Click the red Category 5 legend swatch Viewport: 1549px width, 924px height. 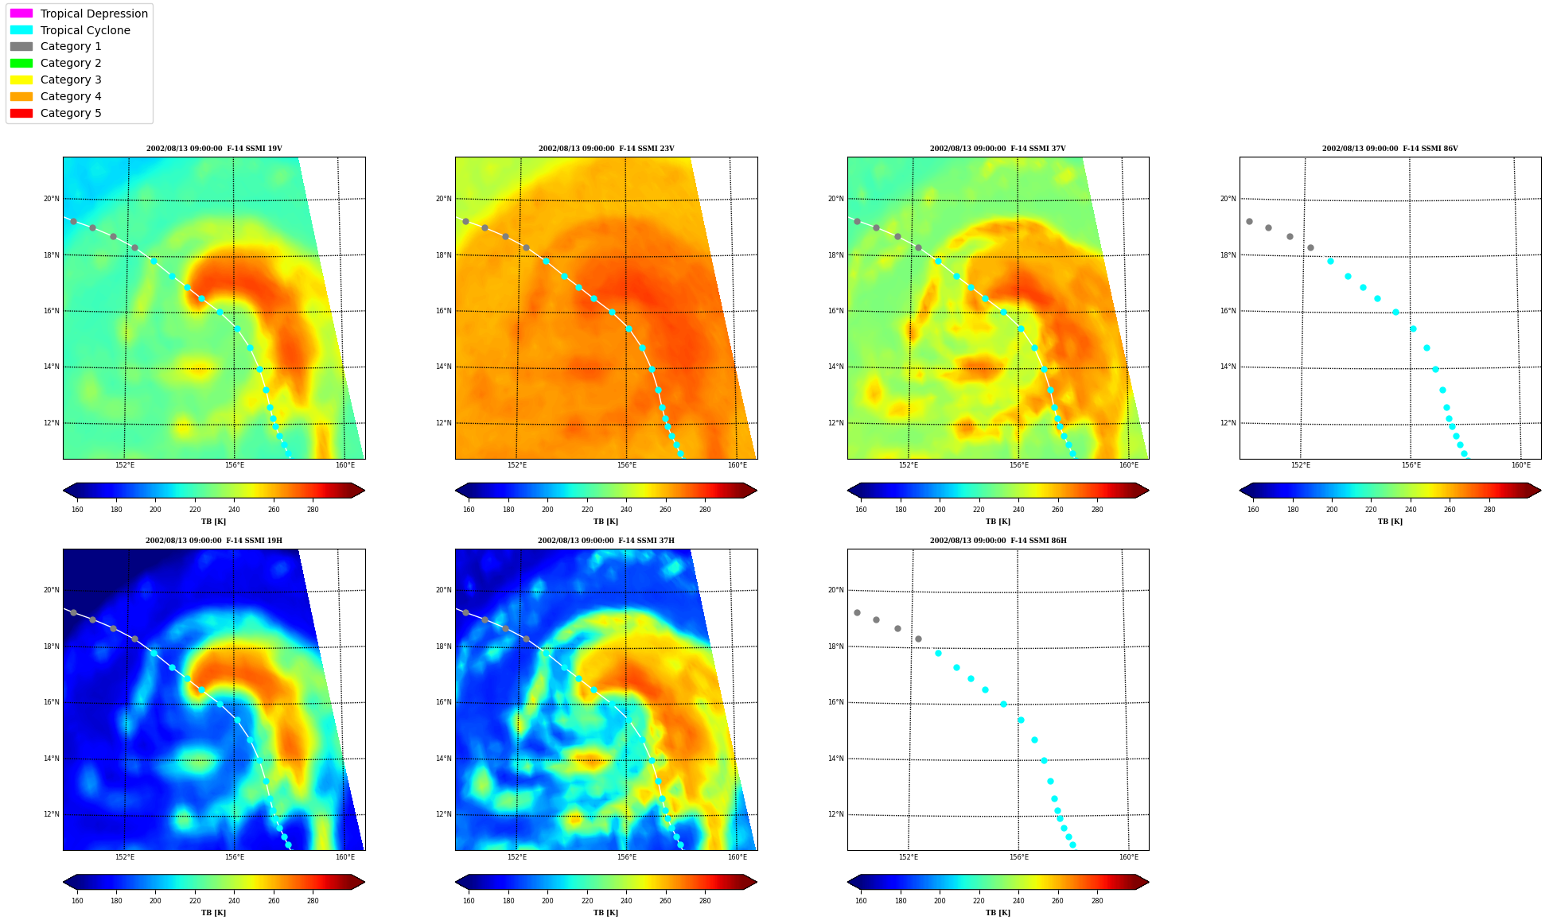pyautogui.click(x=21, y=113)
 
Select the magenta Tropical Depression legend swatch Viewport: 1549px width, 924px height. pyautogui.click(x=21, y=14)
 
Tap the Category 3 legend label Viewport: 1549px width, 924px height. pyautogui.click(x=71, y=80)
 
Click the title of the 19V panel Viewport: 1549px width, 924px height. pyautogui.click(x=214, y=149)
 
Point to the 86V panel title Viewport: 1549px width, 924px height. pyautogui.click(x=1390, y=149)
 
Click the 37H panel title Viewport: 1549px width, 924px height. pyautogui.click(x=606, y=541)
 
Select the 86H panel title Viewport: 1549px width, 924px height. pyautogui.click(x=998, y=541)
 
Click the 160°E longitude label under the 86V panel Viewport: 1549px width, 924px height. pyautogui.click(x=1521, y=465)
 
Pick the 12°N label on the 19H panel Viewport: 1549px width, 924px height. pyautogui.click(x=51, y=814)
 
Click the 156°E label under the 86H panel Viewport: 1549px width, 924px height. pyautogui.click(x=1019, y=856)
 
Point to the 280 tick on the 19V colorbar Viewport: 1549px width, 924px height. pyautogui.click(x=313, y=510)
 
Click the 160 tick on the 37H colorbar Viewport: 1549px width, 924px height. pyautogui.click(x=469, y=901)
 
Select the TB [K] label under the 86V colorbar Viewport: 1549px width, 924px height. pyautogui.click(x=1390, y=522)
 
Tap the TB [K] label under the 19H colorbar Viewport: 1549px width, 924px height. pyautogui.click(x=214, y=913)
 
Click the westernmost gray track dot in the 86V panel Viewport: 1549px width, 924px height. pyautogui.click(x=1249, y=221)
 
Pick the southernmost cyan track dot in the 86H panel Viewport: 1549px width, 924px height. pyautogui.click(x=1072, y=844)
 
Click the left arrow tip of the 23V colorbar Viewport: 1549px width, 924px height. pyautogui.click(x=456, y=491)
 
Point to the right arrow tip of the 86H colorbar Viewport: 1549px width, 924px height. pyautogui.click(x=1149, y=882)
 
